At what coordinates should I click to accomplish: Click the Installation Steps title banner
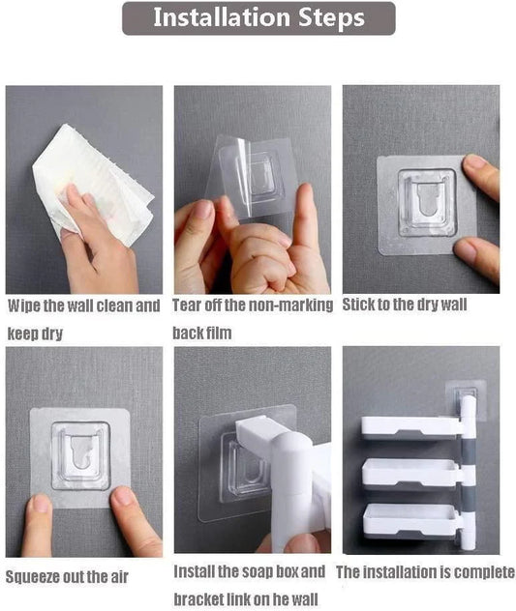258,18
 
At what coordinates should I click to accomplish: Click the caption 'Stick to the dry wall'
405,305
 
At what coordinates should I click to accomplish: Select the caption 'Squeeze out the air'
67,577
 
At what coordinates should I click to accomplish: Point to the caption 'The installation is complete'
425,572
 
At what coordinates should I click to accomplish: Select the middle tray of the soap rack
410,473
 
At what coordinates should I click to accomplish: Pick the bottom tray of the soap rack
410,519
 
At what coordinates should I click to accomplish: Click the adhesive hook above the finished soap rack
466,398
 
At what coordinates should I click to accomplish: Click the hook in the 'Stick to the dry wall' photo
426,203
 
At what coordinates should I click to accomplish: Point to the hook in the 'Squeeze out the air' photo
80,455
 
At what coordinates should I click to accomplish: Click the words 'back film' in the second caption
201,333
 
